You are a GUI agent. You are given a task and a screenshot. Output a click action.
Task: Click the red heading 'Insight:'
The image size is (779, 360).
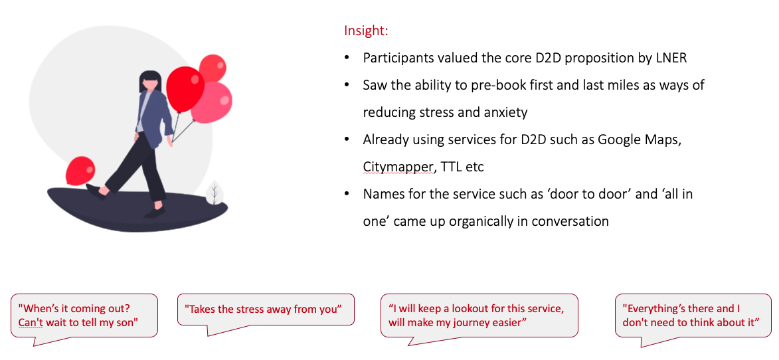(x=366, y=31)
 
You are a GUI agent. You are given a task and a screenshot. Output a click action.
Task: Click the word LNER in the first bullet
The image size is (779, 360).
(x=670, y=58)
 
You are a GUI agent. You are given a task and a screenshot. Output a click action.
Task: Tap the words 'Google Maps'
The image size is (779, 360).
(x=638, y=140)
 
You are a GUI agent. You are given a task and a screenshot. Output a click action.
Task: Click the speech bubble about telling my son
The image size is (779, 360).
(x=84, y=315)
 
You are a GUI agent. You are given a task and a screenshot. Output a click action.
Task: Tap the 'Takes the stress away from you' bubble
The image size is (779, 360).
(x=266, y=310)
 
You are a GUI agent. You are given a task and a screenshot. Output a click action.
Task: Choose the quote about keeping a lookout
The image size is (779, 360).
(x=479, y=315)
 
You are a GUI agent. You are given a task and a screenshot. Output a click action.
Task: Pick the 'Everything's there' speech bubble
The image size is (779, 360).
(x=693, y=315)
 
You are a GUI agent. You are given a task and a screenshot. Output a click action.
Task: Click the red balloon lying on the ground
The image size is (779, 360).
(x=80, y=171)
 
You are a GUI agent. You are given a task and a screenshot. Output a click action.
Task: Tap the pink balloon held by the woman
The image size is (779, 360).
(x=211, y=102)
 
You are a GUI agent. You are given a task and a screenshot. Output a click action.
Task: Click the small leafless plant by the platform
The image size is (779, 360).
(x=215, y=193)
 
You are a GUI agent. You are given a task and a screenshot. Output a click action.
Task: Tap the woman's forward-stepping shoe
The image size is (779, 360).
(x=96, y=191)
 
